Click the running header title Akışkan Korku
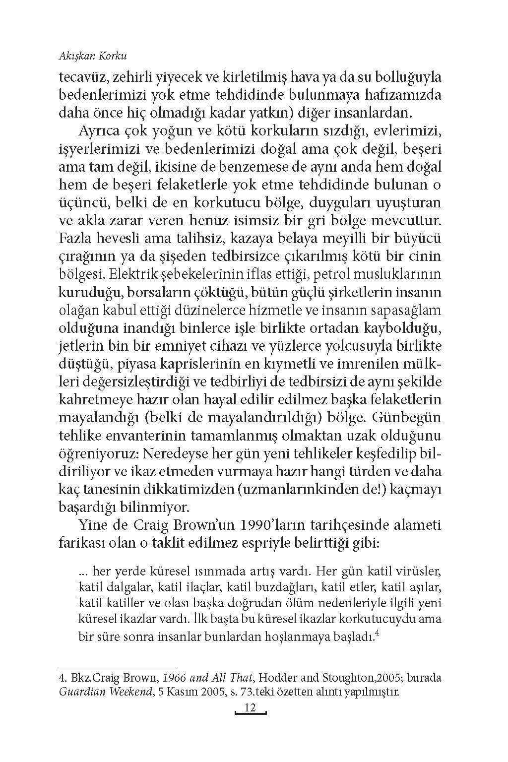[x=93, y=57]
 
